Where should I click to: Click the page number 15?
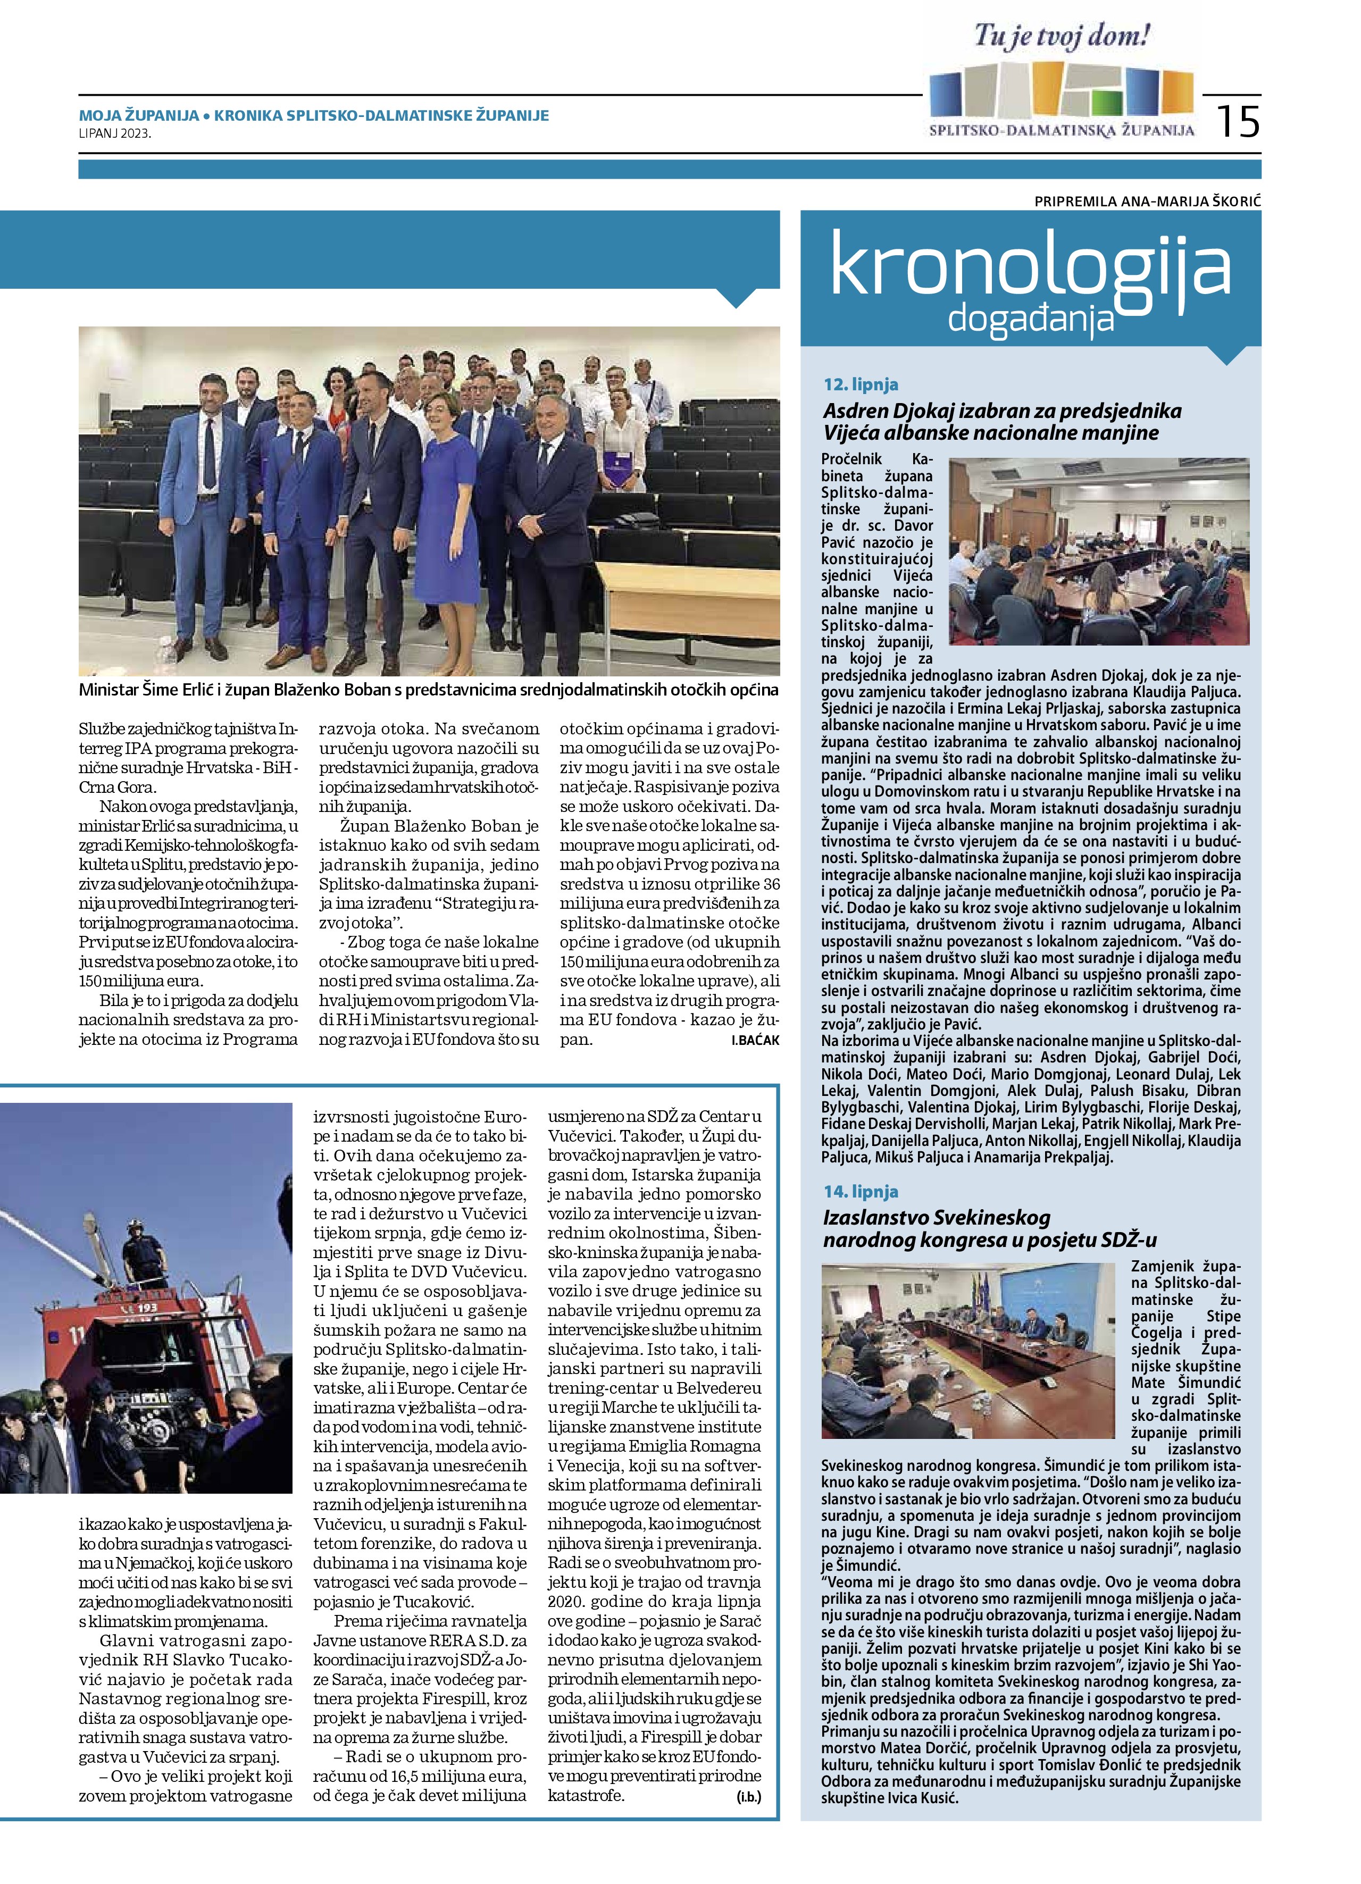point(1238,121)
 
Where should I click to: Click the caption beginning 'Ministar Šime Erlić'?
point(428,690)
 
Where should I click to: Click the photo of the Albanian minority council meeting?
point(1098,550)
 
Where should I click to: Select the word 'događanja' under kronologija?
point(1030,318)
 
